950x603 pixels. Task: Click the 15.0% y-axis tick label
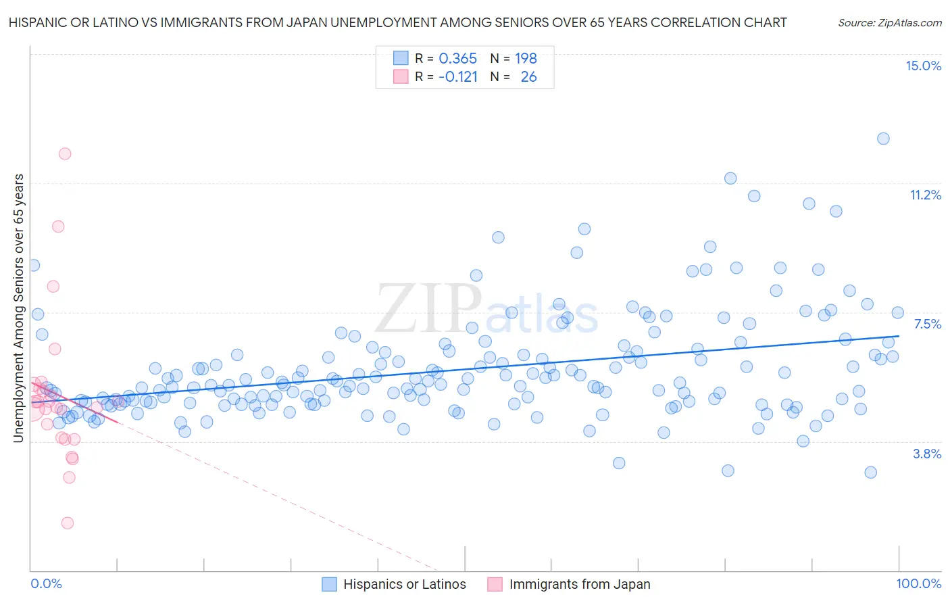pos(923,66)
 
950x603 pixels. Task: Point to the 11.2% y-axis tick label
pos(925,195)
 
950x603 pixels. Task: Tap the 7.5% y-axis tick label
pos(927,324)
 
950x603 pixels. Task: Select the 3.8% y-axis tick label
pos(927,454)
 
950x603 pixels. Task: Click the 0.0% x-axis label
pos(46,583)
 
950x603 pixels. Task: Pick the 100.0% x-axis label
pos(918,583)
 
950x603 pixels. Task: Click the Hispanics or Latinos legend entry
pos(404,584)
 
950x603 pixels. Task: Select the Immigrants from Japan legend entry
pos(579,584)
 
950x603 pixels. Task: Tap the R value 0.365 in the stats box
pos(457,59)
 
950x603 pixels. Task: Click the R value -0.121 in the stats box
pos(457,77)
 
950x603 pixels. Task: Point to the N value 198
pos(526,59)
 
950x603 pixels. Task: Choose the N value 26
pos(528,77)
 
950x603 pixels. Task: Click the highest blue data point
pos(883,139)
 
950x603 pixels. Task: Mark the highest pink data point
pos(65,153)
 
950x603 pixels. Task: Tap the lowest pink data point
pos(68,523)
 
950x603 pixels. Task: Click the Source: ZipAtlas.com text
pos(889,22)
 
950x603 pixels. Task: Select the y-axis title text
pos(18,308)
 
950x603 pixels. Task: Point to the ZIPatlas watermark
pos(486,310)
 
